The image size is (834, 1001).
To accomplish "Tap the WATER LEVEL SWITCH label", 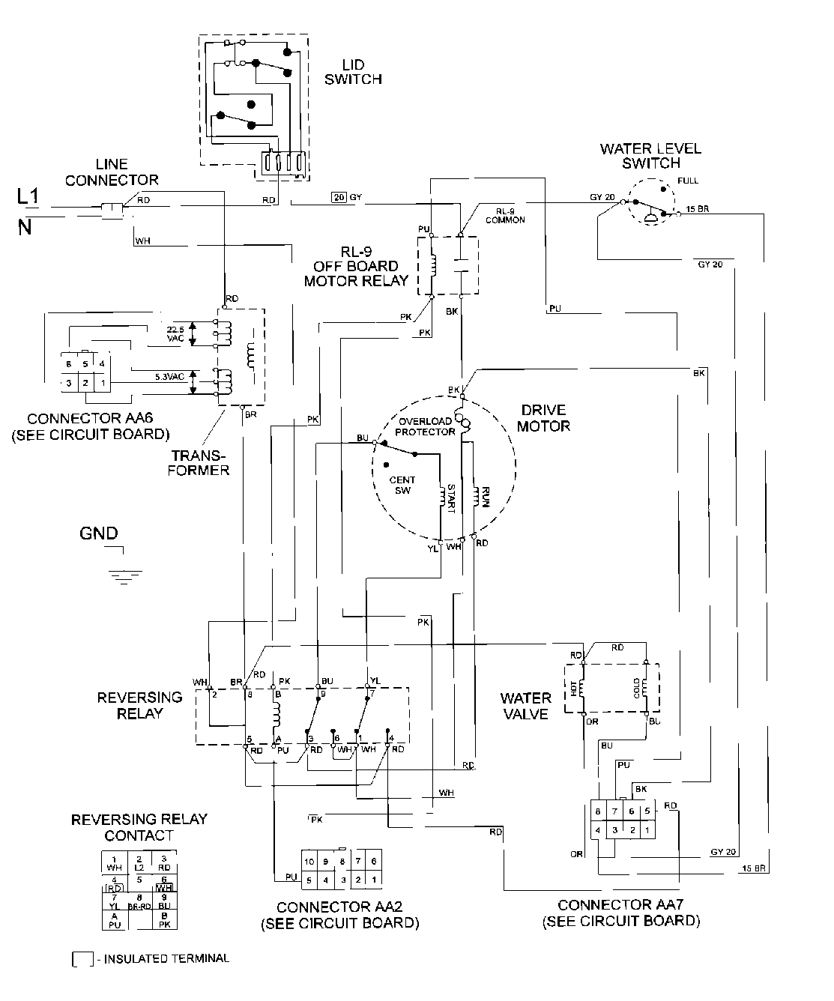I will pyautogui.click(x=650, y=155).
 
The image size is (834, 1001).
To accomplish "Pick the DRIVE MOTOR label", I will pyautogui.click(x=545, y=418).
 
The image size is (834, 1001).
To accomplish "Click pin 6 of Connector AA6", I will pyautogui.click(x=68, y=363).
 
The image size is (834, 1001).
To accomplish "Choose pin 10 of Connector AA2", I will pyautogui.click(x=309, y=862).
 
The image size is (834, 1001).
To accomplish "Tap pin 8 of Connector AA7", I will pyautogui.click(x=597, y=811).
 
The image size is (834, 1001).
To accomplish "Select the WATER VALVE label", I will pyautogui.click(x=525, y=706).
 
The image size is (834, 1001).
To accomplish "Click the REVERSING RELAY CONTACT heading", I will pyautogui.click(x=139, y=827).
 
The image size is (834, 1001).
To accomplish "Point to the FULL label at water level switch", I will pyautogui.click(x=686, y=181).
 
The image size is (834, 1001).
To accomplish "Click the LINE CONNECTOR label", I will pyautogui.click(x=112, y=172).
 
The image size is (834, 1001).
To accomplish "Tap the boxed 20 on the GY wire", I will pyautogui.click(x=339, y=197).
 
